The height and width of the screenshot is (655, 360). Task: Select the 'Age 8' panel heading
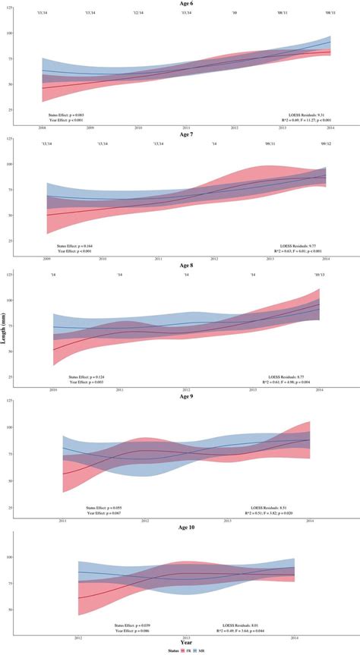[x=186, y=266]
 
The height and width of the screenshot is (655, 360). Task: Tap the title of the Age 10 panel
[x=186, y=528]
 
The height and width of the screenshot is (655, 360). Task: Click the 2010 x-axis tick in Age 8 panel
[x=54, y=390]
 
